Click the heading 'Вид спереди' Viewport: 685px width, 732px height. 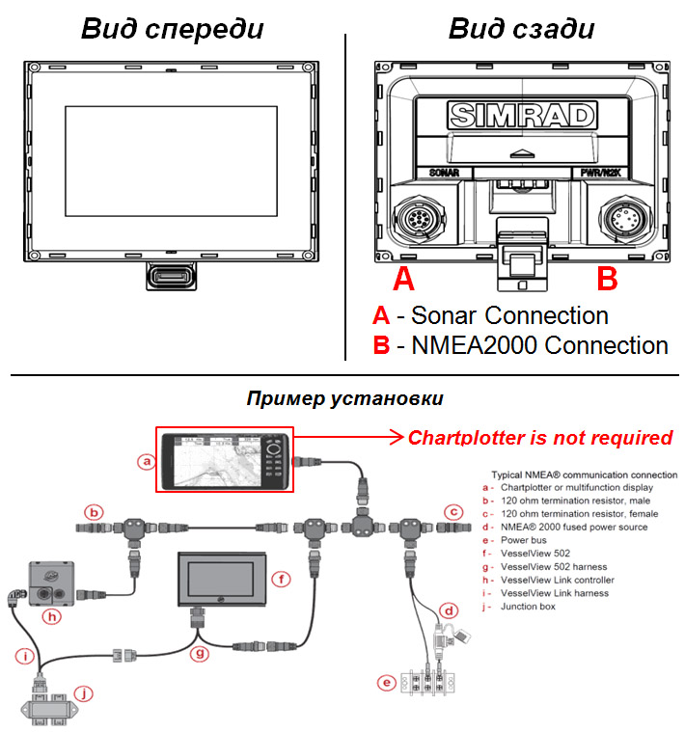point(172,28)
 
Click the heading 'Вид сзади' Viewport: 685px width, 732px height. point(521,28)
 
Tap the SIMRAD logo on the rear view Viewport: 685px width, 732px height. point(522,116)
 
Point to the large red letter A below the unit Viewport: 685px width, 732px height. point(405,280)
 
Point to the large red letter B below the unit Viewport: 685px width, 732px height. point(607,280)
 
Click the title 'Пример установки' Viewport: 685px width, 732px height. point(345,397)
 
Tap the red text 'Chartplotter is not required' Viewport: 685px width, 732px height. point(539,438)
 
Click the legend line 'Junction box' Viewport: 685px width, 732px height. point(530,607)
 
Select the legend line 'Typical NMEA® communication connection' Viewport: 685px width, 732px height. point(580,476)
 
